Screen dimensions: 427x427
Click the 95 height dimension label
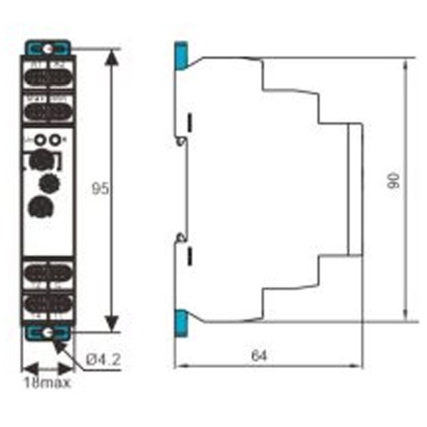[101, 190]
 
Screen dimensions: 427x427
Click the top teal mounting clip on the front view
[46, 49]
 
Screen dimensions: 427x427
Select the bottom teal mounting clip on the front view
[46, 331]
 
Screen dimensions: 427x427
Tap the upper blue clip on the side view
[181, 56]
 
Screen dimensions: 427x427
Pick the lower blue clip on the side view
[181, 324]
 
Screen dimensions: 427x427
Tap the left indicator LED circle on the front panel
[40, 139]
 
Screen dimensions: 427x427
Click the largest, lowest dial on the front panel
[38, 207]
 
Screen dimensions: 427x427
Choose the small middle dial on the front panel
[49, 182]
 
